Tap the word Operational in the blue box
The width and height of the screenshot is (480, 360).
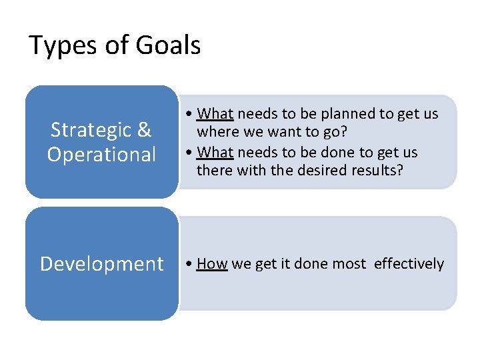tap(101, 154)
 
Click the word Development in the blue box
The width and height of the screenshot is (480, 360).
tap(101, 264)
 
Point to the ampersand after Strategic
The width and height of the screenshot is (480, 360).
tap(144, 129)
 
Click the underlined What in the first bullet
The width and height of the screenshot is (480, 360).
tap(215, 114)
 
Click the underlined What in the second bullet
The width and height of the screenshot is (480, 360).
tap(215, 153)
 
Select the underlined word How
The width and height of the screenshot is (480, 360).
tap(212, 264)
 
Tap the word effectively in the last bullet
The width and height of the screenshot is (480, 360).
tap(409, 264)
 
